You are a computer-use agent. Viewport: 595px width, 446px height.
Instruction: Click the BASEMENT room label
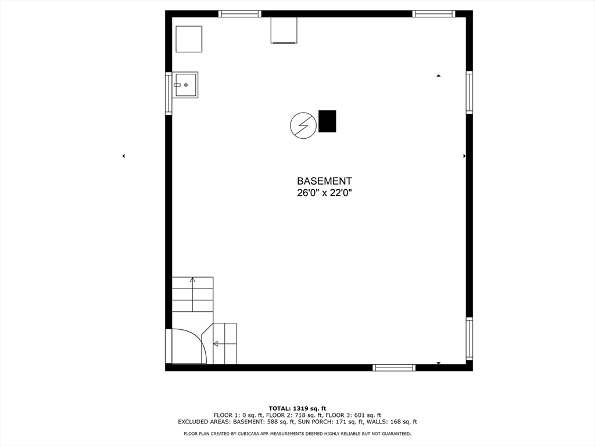coord(324,181)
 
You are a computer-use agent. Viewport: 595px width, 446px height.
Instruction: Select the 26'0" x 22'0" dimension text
coord(324,193)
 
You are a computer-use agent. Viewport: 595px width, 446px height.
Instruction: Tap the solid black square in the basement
coord(327,121)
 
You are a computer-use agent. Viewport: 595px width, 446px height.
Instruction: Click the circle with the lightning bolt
coord(303,125)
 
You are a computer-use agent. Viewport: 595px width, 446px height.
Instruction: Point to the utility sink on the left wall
coord(185,85)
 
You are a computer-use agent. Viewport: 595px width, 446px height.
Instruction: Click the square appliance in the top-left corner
coord(189,39)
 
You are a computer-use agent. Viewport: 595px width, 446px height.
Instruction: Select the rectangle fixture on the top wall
coord(284,30)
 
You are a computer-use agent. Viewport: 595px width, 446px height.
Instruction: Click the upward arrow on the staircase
coord(192,281)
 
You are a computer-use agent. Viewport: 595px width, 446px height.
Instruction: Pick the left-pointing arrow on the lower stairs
coord(216,344)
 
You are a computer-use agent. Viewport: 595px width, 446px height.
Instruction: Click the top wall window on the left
coord(240,14)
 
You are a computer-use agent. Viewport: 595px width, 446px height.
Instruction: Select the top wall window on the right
coord(433,14)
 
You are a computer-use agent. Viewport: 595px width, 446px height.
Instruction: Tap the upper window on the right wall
coord(469,92)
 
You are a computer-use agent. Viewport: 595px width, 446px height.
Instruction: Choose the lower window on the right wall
coord(469,338)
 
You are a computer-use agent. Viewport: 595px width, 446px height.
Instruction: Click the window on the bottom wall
coord(394,367)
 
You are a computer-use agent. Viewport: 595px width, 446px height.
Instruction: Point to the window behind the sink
coord(169,93)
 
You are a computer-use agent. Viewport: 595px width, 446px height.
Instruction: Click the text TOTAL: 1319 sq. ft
coord(297,408)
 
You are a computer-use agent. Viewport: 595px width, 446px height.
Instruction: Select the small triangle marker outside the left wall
coord(123,156)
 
